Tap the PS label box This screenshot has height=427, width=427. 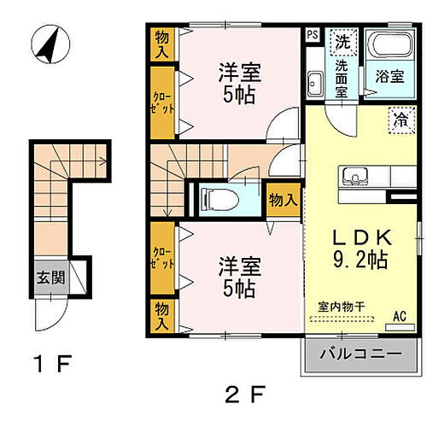313,35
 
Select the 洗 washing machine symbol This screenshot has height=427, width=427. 342,39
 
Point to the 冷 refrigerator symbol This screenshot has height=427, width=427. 399,120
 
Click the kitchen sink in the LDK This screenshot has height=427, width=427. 354,177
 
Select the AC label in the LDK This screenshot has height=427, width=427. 399,317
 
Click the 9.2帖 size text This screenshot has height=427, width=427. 360,260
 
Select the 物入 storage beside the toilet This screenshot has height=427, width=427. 282,200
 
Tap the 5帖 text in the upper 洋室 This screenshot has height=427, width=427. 238,95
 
